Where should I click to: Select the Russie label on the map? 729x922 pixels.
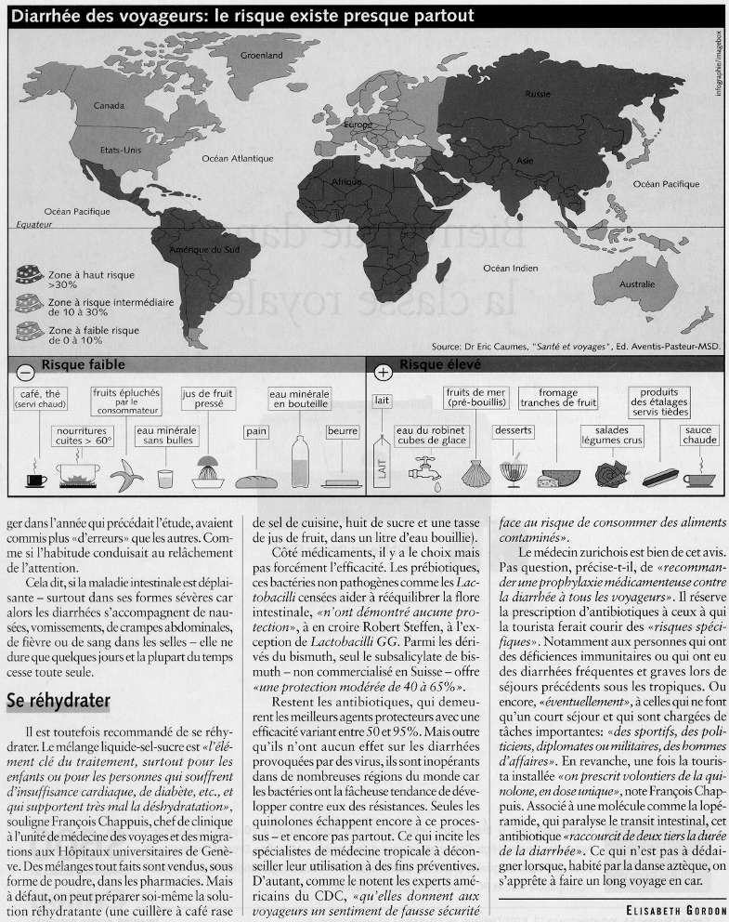(538, 94)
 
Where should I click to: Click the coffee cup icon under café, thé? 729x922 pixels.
(35, 477)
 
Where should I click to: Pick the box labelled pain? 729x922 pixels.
(256, 431)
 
